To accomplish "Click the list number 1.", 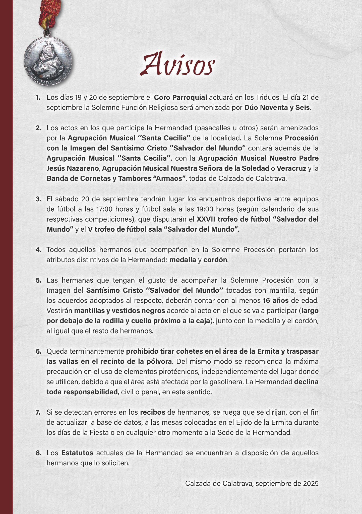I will click(38, 97).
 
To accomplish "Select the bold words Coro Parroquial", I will click(180, 97).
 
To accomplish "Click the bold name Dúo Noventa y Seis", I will click(277, 108).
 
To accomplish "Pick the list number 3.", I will click(38, 199).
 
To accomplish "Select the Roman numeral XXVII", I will click(206, 219).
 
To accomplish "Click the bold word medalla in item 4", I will click(183, 260).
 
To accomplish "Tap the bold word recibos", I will click(152, 412).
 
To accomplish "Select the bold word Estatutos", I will click(77, 453).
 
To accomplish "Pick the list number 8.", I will click(38, 453).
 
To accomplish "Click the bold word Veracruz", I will click(291, 168).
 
